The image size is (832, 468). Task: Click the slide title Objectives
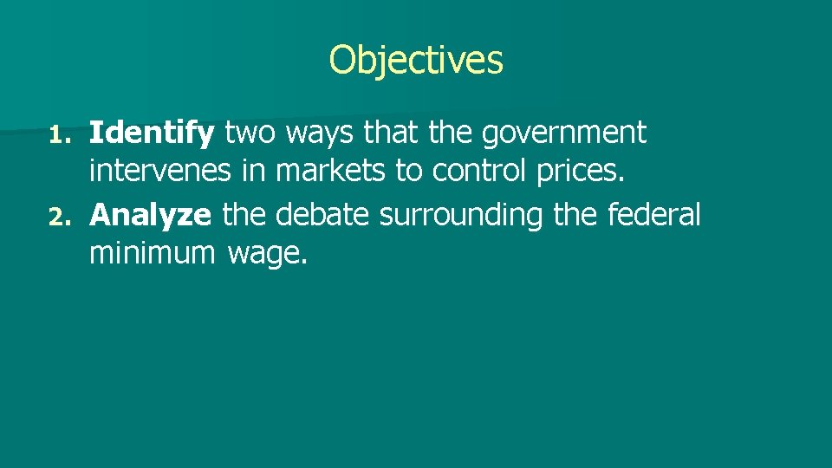[x=416, y=60]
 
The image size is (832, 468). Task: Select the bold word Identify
[x=152, y=133]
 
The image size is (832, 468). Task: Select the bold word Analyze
[x=150, y=215]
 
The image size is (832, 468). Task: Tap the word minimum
[x=152, y=255]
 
